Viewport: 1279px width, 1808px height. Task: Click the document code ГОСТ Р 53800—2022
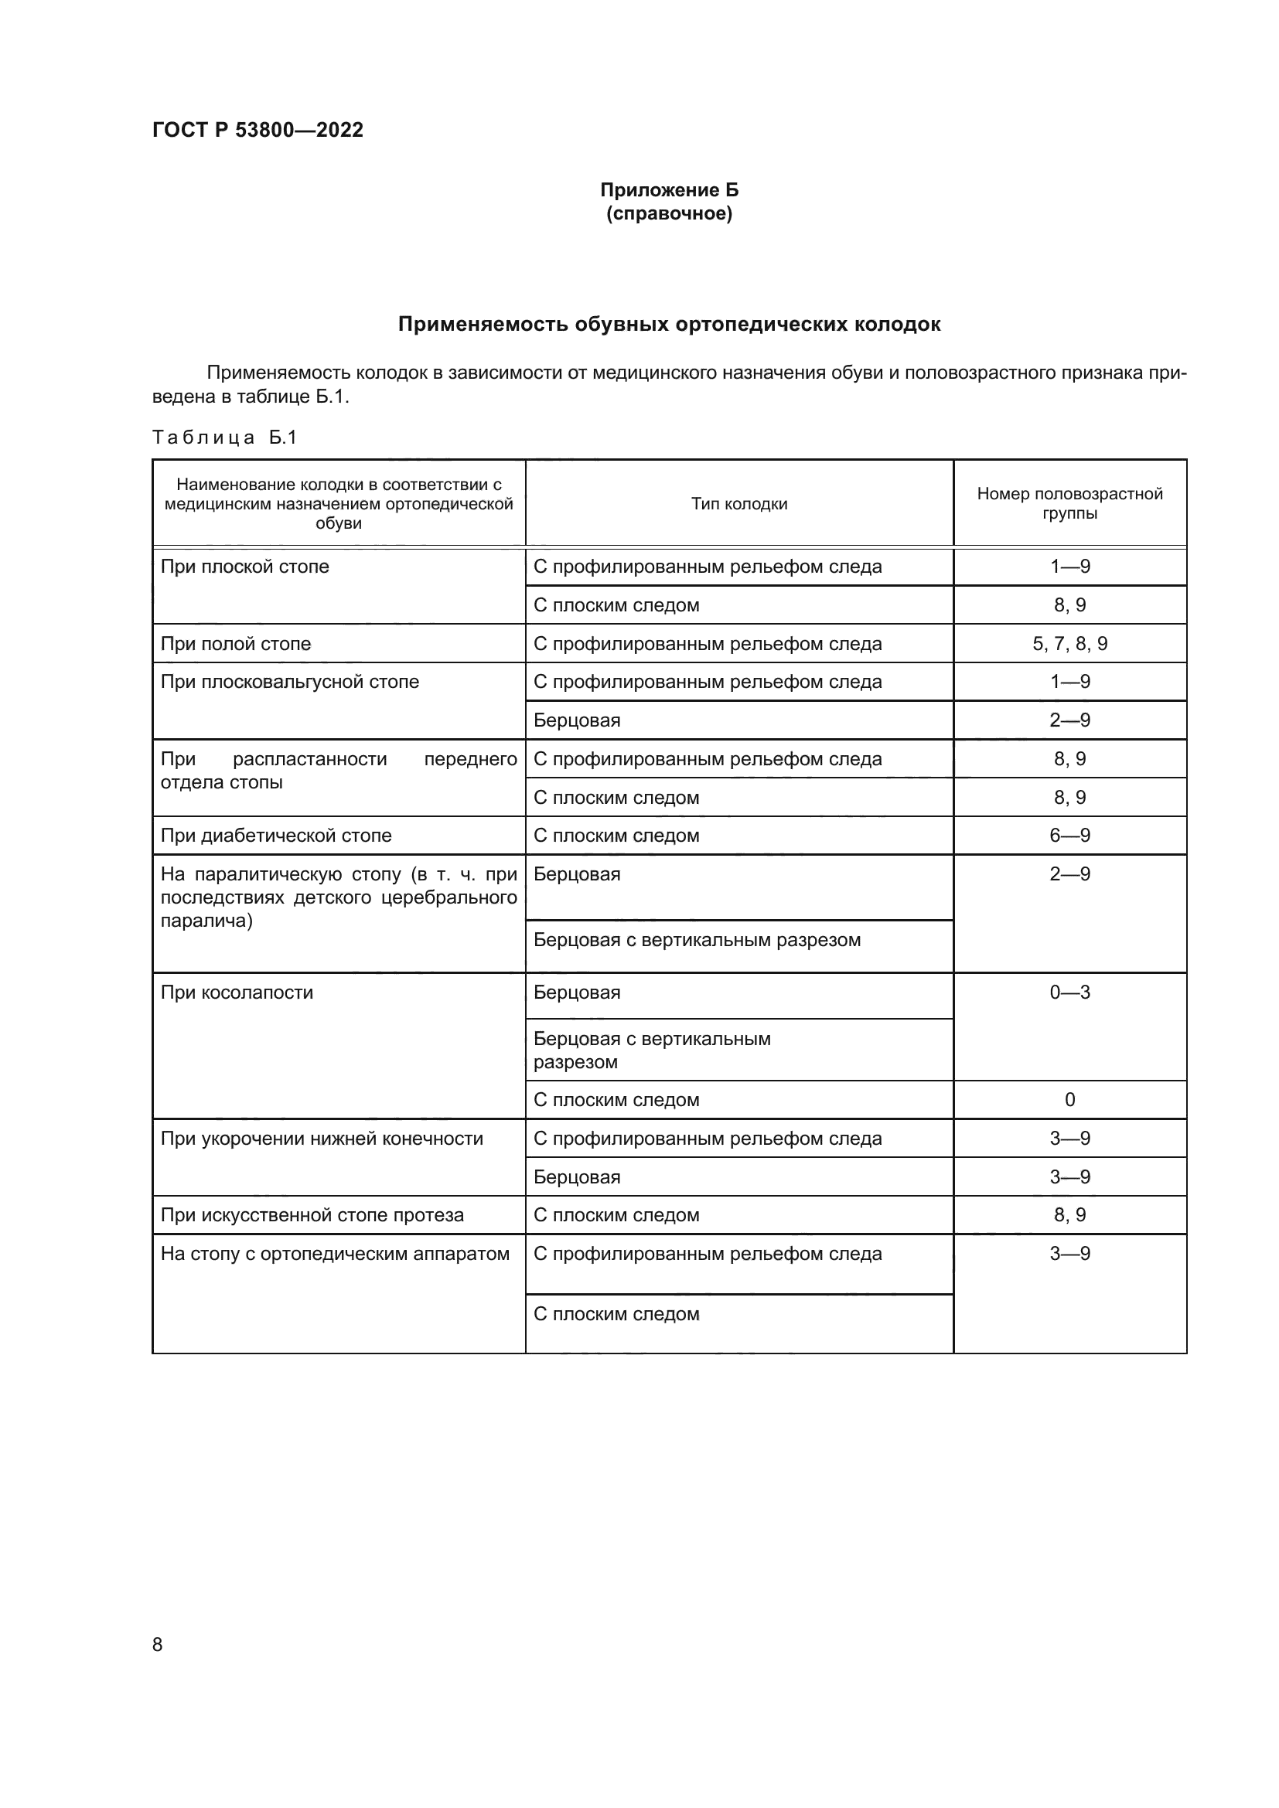[258, 130]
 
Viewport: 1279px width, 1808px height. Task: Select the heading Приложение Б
[669, 190]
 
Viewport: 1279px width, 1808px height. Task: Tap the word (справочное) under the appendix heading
[669, 213]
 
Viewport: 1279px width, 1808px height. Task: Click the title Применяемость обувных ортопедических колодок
[669, 325]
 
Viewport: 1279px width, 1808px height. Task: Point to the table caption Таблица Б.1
[224, 437]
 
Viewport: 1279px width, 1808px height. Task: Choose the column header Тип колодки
[738, 504]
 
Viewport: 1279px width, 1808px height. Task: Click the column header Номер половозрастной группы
[1069, 503]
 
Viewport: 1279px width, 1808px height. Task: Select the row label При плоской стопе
[245, 567]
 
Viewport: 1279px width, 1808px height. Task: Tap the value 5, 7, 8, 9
[1069, 644]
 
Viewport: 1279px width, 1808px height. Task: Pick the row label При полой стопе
[236, 644]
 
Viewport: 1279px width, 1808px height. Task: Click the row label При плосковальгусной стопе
[290, 682]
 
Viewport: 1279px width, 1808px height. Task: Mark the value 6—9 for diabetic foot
[1069, 836]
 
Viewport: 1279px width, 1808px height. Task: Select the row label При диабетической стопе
[275, 836]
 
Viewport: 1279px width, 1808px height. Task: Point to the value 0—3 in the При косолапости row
[1069, 993]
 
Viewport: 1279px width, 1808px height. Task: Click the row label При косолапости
[237, 993]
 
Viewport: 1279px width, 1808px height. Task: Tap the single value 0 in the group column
[1069, 1100]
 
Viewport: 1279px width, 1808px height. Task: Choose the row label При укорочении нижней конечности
[322, 1139]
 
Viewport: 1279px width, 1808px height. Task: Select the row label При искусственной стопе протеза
[312, 1215]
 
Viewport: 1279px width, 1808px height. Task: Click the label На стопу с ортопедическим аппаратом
[335, 1254]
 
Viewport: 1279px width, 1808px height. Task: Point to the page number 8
[158, 1644]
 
